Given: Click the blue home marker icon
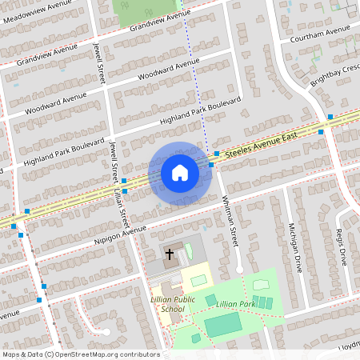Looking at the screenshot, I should [179, 173].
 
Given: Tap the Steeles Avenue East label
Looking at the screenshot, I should [262, 143].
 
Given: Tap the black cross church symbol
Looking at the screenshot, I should [170, 254].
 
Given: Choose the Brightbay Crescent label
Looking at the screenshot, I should [335, 74].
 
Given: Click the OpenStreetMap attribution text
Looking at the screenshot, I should [81, 354].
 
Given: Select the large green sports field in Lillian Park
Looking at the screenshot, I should [223, 324].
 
